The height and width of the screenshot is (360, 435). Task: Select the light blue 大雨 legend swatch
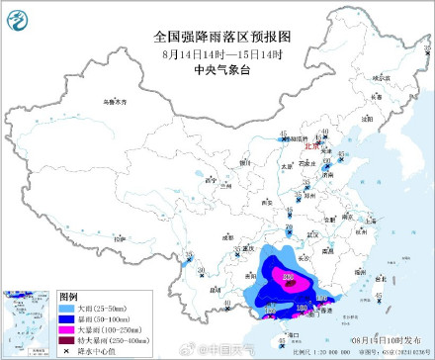[67, 310]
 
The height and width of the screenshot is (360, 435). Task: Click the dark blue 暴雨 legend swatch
[67, 320]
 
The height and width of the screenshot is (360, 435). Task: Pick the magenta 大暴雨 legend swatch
[67, 331]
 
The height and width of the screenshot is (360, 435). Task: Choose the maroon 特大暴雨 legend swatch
[67, 341]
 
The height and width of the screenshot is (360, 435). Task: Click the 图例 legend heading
[69, 297]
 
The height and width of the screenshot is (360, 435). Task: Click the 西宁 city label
[205, 181]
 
